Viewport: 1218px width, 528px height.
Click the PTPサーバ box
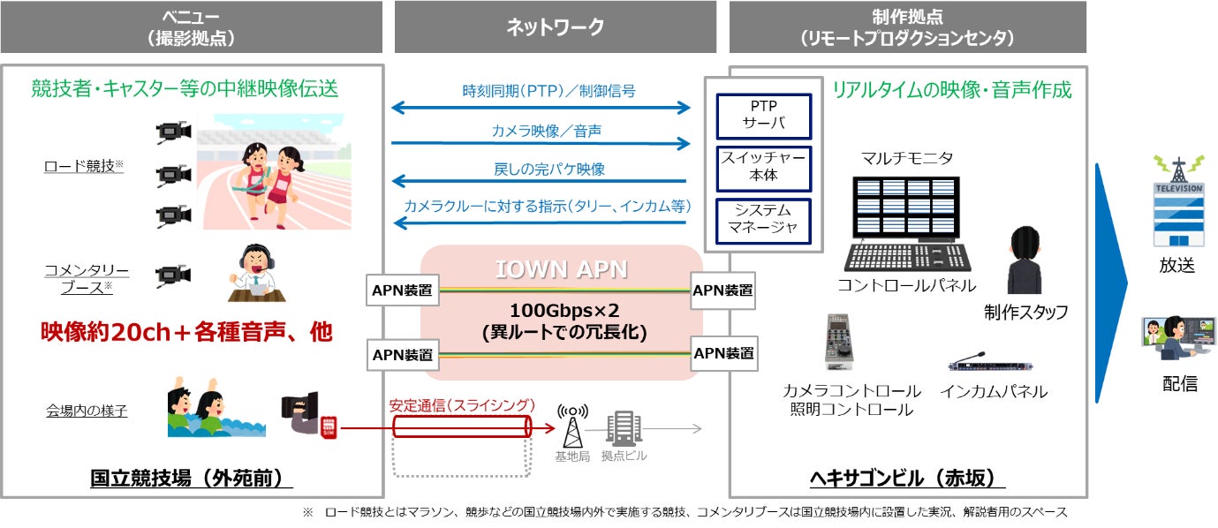[x=763, y=117]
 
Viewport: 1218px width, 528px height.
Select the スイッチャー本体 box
[x=763, y=169]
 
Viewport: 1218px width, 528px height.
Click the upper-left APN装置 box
[x=403, y=290]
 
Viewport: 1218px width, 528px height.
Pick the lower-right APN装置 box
[x=723, y=354]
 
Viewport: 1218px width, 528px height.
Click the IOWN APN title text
[x=561, y=269]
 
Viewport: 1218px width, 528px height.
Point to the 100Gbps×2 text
[x=564, y=311]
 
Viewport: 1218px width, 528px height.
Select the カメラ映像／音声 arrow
[x=541, y=144]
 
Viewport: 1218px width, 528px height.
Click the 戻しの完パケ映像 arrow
[x=539, y=181]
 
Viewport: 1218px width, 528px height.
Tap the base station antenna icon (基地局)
[x=572, y=426]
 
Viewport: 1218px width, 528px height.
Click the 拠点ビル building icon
[x=624, y=428]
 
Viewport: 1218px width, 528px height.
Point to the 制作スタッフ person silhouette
[x=1025, y=260]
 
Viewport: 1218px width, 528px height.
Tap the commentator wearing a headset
[x=256, y=273]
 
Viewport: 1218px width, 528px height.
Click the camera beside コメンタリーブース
[x=173, y=275]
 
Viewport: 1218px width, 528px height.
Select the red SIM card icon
[x=329, y=426]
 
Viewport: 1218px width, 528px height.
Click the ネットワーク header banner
[x=556, y=26]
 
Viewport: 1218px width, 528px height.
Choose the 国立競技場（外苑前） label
[x=192, y=478]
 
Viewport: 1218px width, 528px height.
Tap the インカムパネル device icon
[x=989, y=362]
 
